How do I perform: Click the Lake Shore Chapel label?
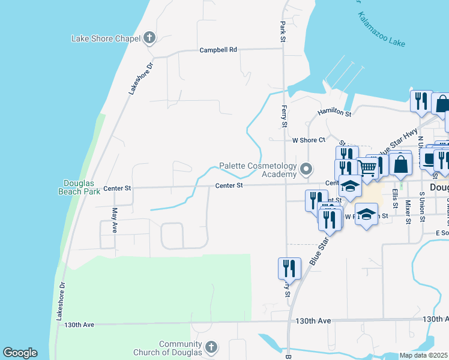pos(105,39)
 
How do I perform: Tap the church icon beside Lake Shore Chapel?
pos(149,39)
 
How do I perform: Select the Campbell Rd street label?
pos(218,50)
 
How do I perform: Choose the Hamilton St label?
pos(334,112)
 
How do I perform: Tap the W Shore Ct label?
pos(309,140)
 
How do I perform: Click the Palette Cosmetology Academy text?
pos(258,170)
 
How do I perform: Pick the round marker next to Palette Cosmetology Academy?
pos(306,170)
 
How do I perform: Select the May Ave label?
pos(114,220)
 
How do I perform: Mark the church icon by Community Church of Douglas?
pos(211,347)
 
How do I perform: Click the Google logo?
pos(20,353)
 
